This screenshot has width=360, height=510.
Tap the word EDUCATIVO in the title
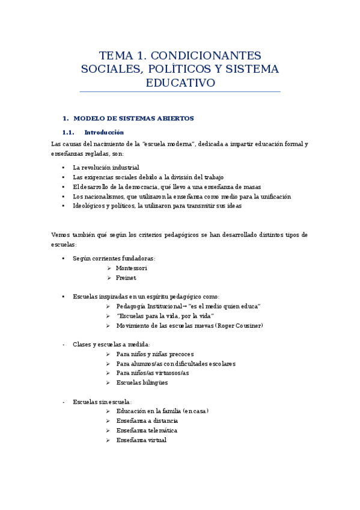click(180, 83)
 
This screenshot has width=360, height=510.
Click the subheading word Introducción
click(104, 132)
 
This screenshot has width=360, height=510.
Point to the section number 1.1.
click(68, 132)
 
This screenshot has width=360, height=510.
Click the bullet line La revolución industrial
click(106, 167)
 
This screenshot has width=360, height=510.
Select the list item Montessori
click(132, 268)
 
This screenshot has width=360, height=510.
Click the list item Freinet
click(126, 277)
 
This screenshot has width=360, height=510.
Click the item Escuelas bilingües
click(142, 382)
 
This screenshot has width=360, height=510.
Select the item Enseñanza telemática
click(147, 430)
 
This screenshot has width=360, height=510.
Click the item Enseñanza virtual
click(141, 440)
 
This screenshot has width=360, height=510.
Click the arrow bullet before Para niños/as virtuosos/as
click(108, 373)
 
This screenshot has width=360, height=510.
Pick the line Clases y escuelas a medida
click(111, 345)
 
